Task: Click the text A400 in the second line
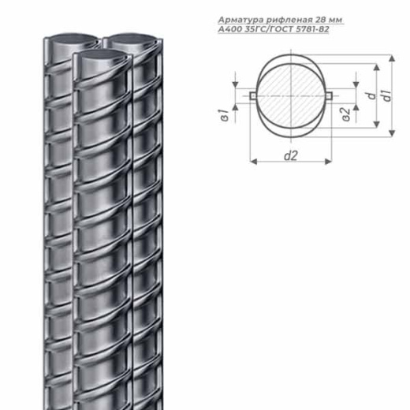(230, 29)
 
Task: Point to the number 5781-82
(312, 29)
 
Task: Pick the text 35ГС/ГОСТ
(269, 29)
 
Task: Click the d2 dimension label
(291, 155)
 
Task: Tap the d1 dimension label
(387, 95)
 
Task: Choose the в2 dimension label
(347, 114)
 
